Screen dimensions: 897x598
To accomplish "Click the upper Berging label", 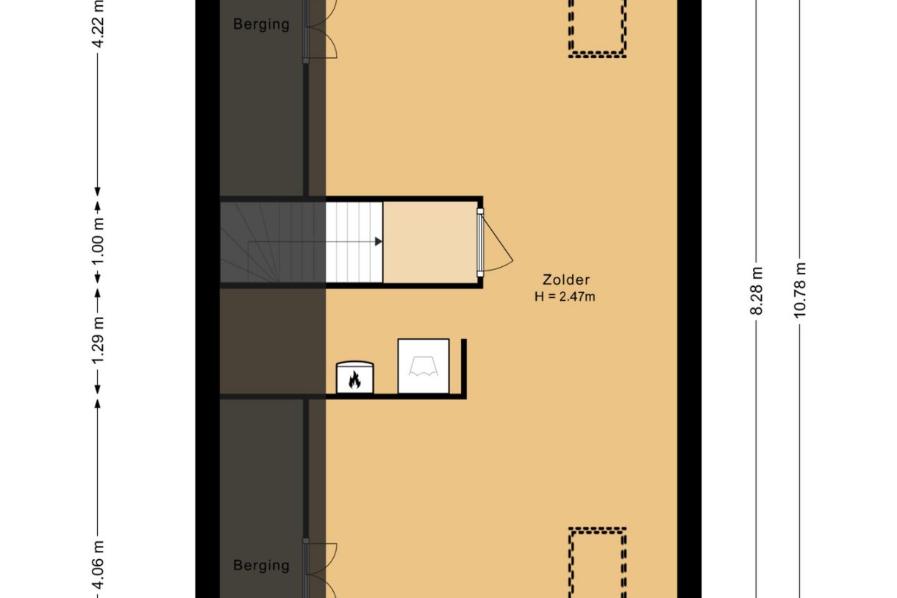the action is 261,24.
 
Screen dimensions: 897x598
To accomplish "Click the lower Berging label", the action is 261,566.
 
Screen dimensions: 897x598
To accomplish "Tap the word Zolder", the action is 566,280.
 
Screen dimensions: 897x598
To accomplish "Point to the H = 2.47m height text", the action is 565,297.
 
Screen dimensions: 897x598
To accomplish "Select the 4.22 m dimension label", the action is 98,24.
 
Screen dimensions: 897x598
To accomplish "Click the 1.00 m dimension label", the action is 98,241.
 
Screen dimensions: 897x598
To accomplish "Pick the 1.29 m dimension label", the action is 98,341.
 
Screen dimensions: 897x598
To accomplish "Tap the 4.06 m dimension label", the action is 98,566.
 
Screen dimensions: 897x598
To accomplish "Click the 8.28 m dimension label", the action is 757,291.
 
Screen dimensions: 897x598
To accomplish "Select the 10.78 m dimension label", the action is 799,291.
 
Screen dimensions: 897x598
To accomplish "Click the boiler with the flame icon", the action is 355,377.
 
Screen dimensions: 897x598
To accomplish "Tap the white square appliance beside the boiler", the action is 424,366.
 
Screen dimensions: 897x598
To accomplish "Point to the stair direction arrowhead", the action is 379,241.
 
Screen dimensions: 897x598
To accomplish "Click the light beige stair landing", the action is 430,242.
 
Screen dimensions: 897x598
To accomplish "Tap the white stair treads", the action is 354,242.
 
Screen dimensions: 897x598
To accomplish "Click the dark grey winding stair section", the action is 273,242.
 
